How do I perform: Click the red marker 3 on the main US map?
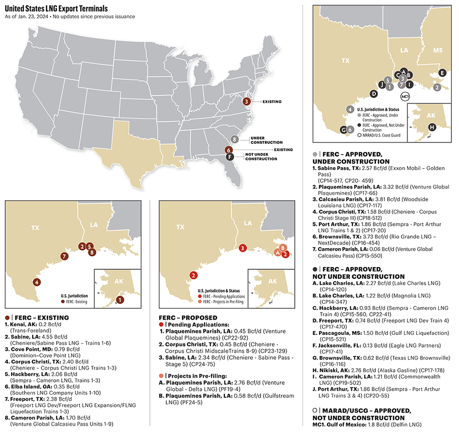(247, 101)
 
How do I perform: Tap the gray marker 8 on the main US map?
(235, 139)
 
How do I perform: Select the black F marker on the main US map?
(230, 157)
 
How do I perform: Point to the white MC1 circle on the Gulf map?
(405, 96)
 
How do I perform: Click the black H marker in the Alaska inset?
(432, 127)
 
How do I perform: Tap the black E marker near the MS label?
(442, 73)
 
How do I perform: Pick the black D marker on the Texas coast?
(374, 93)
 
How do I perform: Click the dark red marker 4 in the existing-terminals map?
(37, 282)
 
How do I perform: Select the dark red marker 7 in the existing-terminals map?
(64, 256)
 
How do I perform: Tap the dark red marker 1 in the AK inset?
(119, 300)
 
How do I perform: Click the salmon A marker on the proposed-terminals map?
(277, 252)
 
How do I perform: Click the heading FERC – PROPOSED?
(188, 318)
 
